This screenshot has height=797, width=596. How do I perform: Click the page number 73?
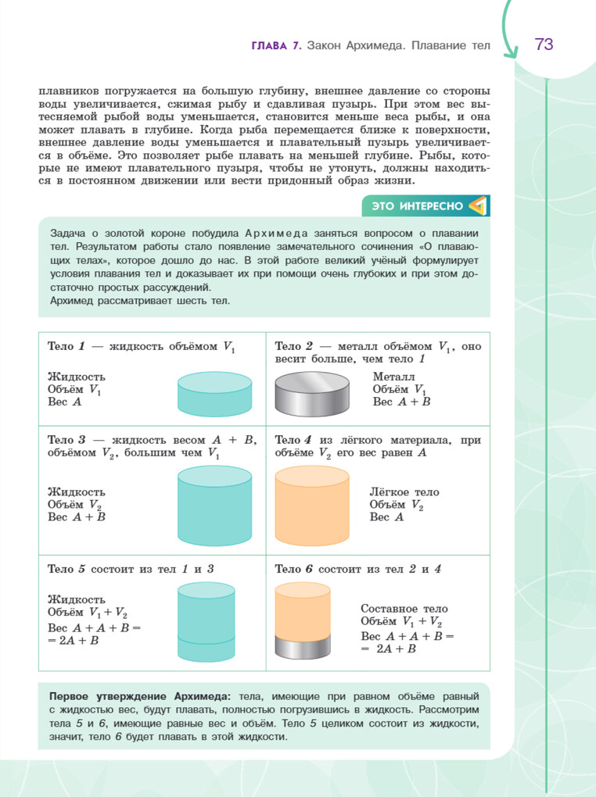click(544, 45)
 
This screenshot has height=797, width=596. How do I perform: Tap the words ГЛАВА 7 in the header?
click(276, 46)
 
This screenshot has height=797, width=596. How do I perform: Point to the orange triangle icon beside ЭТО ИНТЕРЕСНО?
click(477, 206)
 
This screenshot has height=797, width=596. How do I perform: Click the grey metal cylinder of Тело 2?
click(311, 393)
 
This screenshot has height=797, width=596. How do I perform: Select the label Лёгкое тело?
click(404, 492)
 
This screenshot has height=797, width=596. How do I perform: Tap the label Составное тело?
click(404, 609)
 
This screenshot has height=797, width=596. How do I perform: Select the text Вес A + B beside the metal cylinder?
click(402, 402)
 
